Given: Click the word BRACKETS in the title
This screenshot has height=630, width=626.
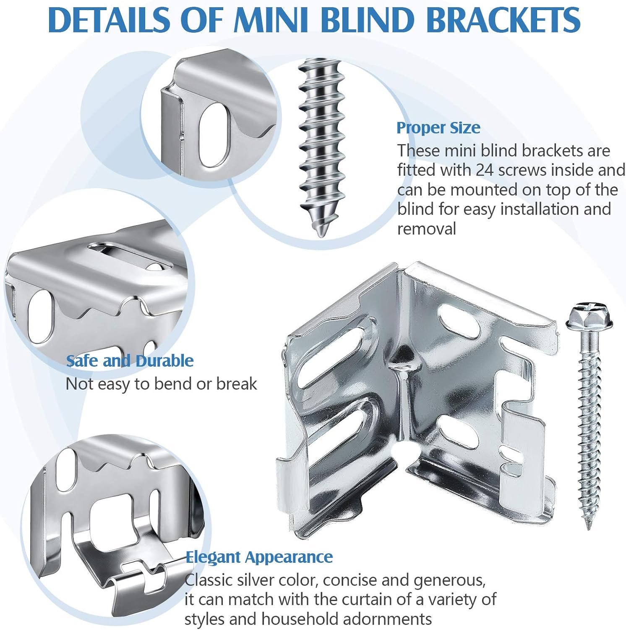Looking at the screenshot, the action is point(503,20).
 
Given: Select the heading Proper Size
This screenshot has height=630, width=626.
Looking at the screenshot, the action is point(438,128).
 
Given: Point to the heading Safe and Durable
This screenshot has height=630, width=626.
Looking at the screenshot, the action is point(130,361).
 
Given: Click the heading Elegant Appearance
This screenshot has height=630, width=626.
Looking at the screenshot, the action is point(259,557).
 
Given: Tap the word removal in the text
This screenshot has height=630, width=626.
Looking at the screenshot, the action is point(426,229).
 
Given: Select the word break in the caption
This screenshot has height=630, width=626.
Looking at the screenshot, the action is point(237,384).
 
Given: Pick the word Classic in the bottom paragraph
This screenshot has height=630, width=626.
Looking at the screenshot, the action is point(209,580).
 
